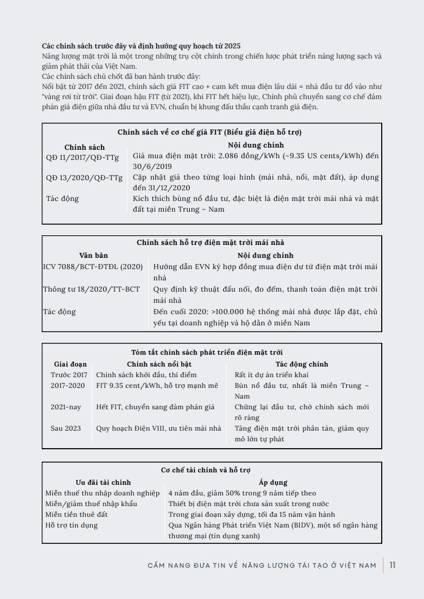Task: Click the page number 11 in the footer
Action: (392, 565)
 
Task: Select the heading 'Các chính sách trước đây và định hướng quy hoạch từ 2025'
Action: (141, 46)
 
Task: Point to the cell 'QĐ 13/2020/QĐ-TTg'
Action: (84, 177)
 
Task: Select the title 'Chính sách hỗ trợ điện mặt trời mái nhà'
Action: (210, 243)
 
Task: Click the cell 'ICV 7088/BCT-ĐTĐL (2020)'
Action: (93, 267)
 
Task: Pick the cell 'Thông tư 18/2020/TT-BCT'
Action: (91, 289)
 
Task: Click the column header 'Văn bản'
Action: (94, 255)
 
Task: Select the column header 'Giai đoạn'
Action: (69, 364)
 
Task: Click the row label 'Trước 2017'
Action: (69, 375)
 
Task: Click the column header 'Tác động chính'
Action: (302, 364)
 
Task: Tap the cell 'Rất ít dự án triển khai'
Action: (272, 375)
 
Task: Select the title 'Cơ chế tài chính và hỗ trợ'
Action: (206, 470)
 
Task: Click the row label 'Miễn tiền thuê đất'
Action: (77, 515)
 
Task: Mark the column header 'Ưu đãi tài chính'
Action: (103, 482)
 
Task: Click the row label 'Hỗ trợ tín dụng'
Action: (72, 525)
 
